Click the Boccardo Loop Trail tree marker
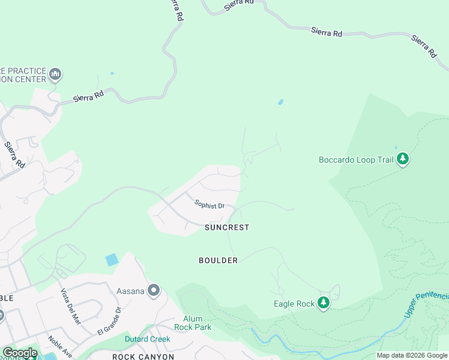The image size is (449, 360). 403,160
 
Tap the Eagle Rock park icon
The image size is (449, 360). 324,303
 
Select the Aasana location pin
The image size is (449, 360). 154,291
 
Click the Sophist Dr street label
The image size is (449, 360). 209,205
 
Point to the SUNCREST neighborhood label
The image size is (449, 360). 226,227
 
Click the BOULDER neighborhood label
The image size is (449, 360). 218,260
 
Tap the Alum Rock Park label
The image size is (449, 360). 188,323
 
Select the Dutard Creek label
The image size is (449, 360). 147,339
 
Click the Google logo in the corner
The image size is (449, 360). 20,353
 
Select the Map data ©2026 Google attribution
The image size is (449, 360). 412,355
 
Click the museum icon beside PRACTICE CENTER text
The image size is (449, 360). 56,75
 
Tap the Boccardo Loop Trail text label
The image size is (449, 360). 356,160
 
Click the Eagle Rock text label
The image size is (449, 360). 294,304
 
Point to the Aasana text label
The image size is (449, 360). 130,291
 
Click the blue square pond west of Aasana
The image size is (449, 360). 112,260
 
